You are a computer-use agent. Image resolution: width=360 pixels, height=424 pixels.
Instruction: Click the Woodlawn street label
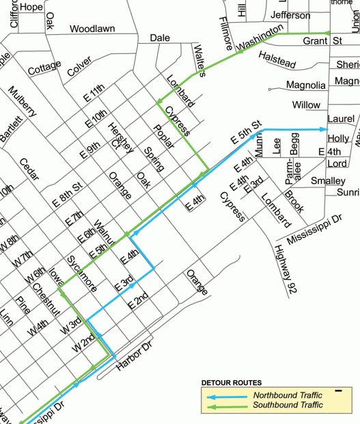coord(92,29)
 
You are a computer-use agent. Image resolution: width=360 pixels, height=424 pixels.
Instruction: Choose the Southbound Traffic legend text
coord(288,406)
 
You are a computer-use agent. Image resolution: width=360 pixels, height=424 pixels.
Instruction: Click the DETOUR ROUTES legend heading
coord(232,382)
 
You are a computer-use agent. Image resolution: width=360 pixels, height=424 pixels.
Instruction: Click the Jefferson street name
coord(290,15)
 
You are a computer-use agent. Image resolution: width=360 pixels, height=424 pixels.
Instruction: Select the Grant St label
coord(322,41)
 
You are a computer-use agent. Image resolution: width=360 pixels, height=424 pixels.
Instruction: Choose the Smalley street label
coord(328,181)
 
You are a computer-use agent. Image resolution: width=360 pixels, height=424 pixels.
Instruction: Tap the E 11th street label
coord(94,93)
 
